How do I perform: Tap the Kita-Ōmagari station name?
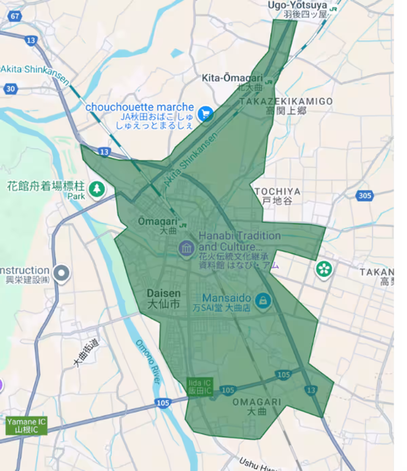(232, 78)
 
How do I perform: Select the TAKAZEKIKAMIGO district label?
(286, 101)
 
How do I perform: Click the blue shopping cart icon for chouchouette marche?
(205, 114)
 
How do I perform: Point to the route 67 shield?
(15, 16)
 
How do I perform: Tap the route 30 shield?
(11, 89)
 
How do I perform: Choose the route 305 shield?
(365, 195)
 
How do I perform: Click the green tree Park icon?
(97, 189)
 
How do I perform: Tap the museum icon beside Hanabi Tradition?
(186, 248)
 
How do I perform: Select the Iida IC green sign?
(200, 387)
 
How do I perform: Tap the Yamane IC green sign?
(26, 426)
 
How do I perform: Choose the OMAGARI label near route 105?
(257, 402)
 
